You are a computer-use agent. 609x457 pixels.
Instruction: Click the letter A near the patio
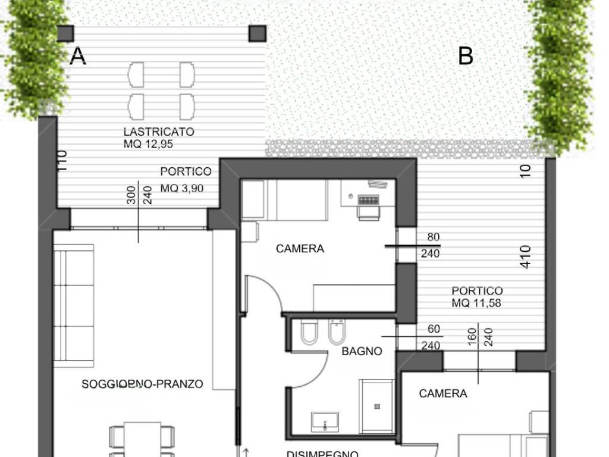(78, 56)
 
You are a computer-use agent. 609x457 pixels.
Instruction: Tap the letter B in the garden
(466, 56)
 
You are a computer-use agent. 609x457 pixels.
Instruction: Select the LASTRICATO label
(159, 132)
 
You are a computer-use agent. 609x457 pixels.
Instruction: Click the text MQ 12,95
(149, 144)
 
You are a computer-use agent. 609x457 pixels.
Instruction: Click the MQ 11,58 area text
(476, 303)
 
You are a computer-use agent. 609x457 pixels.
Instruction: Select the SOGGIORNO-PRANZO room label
(142, 384)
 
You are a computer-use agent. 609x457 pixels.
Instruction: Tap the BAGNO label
(362, 351)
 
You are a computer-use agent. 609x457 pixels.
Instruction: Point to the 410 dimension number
(525, 256)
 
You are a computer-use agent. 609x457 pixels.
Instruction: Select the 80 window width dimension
(434, 237)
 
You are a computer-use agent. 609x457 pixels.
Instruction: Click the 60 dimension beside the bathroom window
(434, 329)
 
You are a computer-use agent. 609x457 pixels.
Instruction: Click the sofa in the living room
(74, 306)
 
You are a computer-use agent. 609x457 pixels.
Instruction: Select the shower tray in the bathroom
(376, 406)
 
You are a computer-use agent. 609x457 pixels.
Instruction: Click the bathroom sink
(325, 422)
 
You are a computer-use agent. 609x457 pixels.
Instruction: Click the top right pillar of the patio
(258, 33)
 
